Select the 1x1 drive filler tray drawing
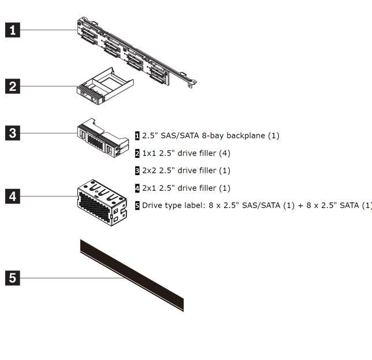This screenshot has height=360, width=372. (104, 87)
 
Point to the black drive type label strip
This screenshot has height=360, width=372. (132, 274)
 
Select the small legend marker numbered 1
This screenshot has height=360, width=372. (137, 136)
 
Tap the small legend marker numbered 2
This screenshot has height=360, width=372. (137, 153)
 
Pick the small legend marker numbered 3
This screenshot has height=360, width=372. (137, 170)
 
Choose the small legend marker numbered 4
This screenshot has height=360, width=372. (137, 188)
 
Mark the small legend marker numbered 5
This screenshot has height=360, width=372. (137, 205)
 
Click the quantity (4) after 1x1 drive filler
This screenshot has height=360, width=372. (224, 153)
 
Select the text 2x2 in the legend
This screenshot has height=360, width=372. (150, 170)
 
